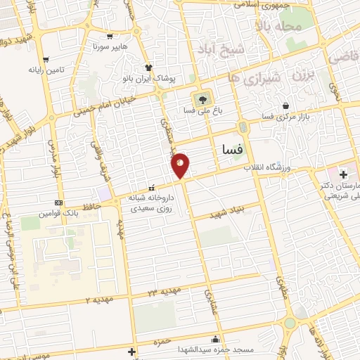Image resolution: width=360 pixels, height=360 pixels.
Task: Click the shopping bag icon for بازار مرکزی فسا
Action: click(x=285, y=106)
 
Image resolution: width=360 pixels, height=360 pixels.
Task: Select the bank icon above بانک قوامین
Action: click(x=58, y=202)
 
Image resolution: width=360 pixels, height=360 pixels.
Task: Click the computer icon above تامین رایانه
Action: click(x=46, y=59)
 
